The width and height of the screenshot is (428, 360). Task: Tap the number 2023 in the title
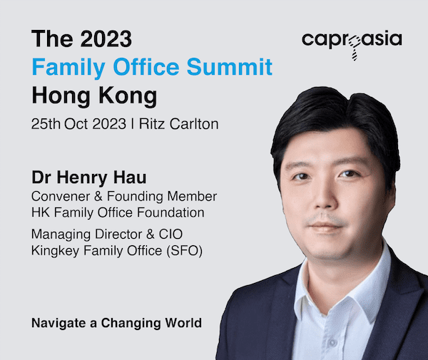tap(106, 38)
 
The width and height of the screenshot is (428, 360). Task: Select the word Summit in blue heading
tap(230, 67)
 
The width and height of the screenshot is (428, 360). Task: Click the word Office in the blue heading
tap(146, 67)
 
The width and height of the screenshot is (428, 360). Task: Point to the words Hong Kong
tap(94, 96)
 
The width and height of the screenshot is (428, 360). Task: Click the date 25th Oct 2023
tap(78, 124)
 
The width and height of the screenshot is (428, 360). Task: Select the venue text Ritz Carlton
tap(179, 124)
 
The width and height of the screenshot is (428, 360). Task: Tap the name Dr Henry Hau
tap(89, 178)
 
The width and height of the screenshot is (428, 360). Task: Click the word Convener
tap(61, 196)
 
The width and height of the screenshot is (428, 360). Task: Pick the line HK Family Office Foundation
tap(118, 212)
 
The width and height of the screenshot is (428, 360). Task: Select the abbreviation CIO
tap(170, 235)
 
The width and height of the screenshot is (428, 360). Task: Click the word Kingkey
tap(56, 251)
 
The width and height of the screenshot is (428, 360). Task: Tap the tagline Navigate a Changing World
tap(116, 323)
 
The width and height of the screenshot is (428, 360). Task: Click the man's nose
tap(322, 195)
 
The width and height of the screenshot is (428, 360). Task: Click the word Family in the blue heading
tap(68, 67)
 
